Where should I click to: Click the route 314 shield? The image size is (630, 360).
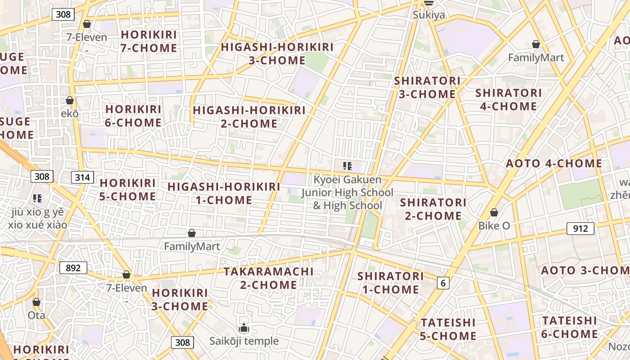(82, 177)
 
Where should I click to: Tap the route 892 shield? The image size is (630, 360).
(73, 268)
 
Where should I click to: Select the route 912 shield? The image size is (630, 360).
(580, 229)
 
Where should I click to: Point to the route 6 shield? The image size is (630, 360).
(443, 283)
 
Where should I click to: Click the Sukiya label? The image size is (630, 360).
(429, 15)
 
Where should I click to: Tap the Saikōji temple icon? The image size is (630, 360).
(244, 327)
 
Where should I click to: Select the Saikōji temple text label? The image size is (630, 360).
(244, 341)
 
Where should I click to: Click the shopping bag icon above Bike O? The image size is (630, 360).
(494, 212)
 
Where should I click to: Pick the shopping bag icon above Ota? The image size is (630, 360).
(36, 302)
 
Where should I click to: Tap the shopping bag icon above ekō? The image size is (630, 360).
(70, 100)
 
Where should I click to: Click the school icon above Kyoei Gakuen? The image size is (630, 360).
(347, 166)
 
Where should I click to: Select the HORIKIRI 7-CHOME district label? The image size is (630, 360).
(149, 41)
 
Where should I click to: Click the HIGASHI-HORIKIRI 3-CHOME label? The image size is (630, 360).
(277, 54)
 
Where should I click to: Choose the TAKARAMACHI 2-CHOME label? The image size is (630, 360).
(269, 278)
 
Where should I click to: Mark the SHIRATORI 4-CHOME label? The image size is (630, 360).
(508, 99)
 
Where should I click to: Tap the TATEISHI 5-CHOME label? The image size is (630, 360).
(448, 329)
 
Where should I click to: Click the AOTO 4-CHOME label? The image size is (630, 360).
(554, 163)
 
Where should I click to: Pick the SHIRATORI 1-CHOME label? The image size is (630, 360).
(391, 283)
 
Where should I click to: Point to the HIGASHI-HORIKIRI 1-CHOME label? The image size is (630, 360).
(224, 193)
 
